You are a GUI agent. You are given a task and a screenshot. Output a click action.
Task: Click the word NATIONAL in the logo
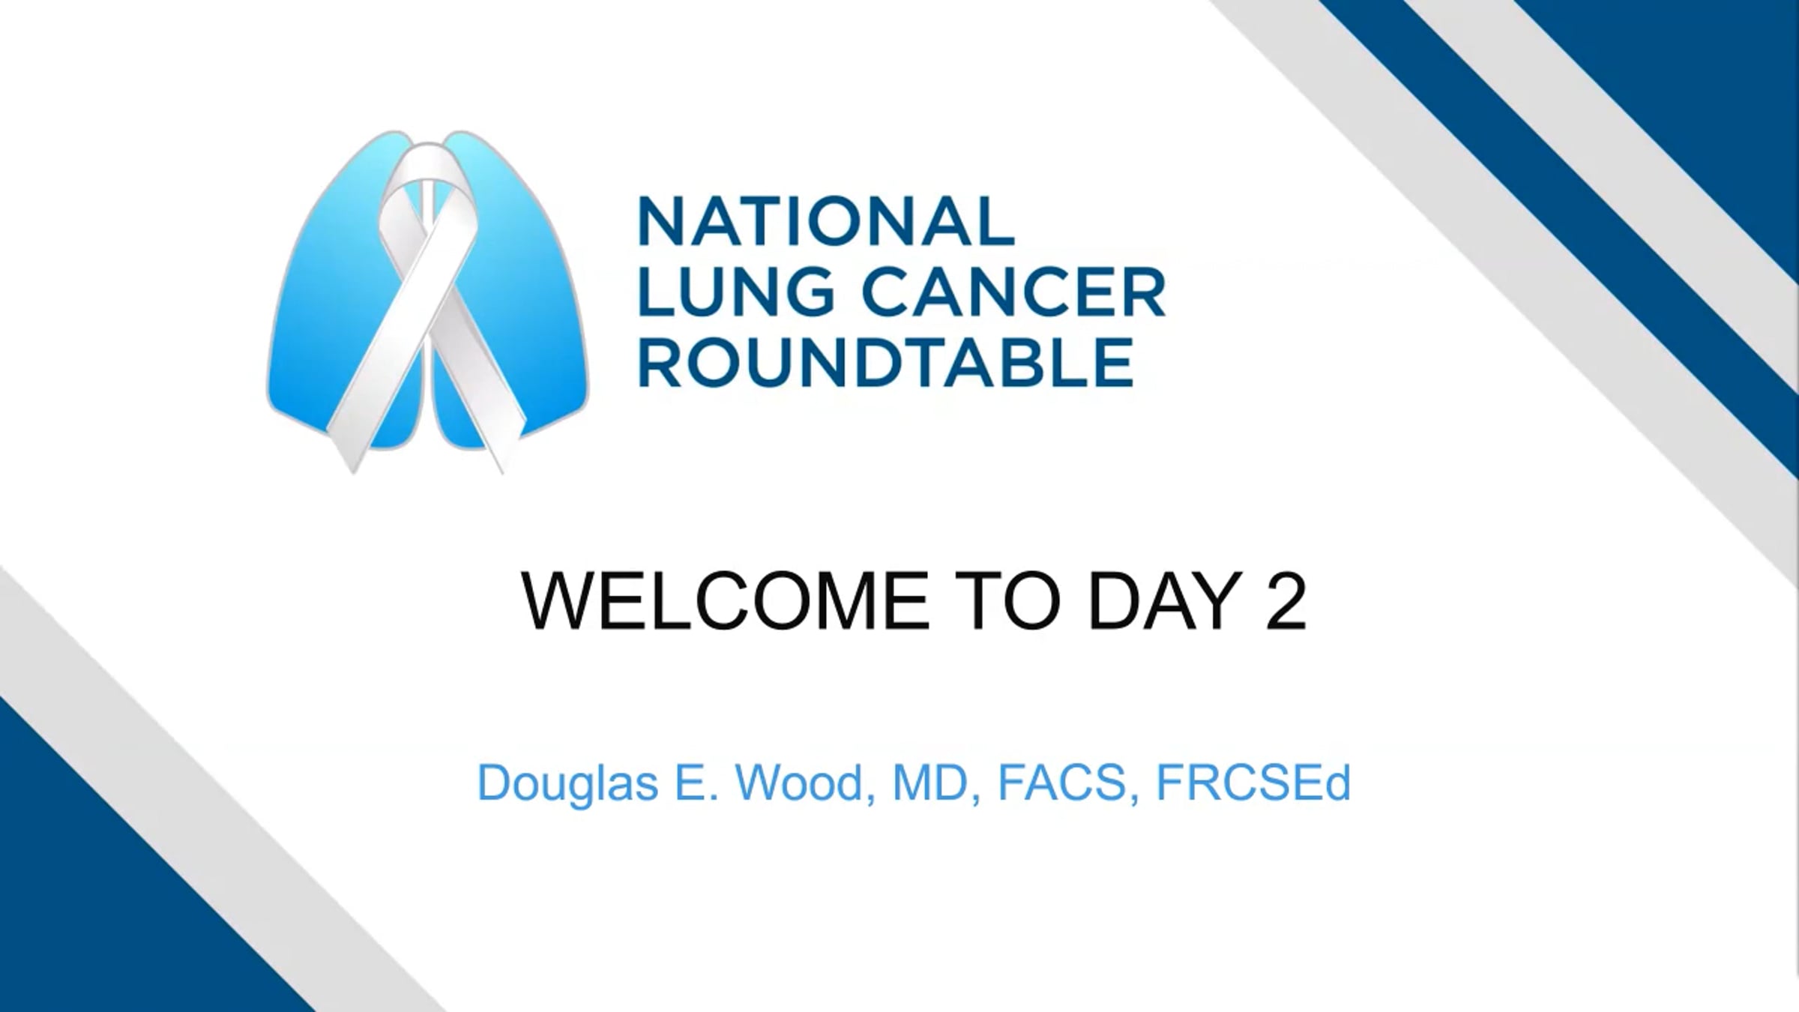826,221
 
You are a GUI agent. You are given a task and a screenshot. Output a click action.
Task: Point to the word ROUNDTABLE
885,362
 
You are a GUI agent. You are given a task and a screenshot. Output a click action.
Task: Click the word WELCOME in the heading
725,601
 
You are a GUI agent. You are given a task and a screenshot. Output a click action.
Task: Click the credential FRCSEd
1253,783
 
